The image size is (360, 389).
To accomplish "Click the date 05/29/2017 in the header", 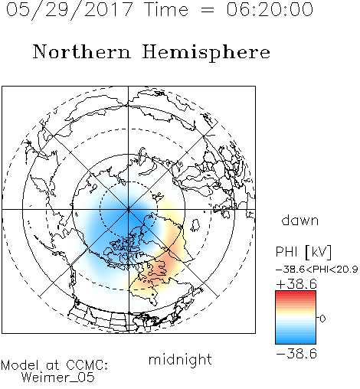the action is [x=70, y=10].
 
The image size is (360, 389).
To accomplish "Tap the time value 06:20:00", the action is [x=270, y=9].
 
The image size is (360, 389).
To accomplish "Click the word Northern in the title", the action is [x=82, y=52].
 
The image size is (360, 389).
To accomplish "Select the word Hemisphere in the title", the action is [x=206, y=53].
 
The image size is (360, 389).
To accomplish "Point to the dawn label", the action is [x=300, y=220].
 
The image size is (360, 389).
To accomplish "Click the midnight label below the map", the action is [x=180, y=361].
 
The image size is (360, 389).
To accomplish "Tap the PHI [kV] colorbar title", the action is [x=303, y=252].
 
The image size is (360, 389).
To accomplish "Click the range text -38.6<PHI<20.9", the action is [x=317, y=270].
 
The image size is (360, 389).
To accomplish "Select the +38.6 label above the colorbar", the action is [x=296, y=284].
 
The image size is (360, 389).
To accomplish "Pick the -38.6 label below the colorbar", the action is [x=296, y=354].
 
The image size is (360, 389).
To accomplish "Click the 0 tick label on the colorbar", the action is [x=322, y=319].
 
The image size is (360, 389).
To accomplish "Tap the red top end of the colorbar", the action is [x=296, y=293].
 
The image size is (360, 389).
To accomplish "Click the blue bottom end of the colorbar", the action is [x=296, y=341].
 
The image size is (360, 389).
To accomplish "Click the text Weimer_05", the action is [x=58, y=378].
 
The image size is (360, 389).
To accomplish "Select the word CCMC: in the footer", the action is [x=87, y=365].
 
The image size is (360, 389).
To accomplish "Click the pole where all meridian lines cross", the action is [x=129, y=210].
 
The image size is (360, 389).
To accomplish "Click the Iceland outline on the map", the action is [x=195, y=225].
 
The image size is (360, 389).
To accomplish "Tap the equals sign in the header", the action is [x=208, y=10].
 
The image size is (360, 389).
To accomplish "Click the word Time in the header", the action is [x=166, y=9].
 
